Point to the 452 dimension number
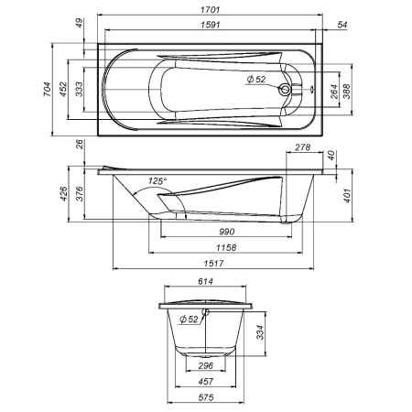[63, 88]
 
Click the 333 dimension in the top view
[80, 88]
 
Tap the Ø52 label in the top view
[256, 80]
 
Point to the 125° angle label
[157, 182]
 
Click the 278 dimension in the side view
[301, 146]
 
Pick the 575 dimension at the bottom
[208, 396]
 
